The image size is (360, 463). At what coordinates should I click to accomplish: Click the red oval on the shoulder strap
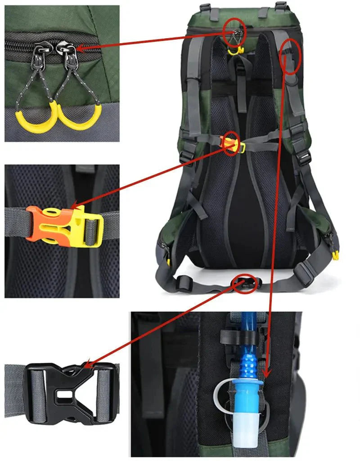coord(290,56)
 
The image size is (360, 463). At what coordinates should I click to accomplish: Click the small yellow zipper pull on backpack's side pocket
coord(335,256)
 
